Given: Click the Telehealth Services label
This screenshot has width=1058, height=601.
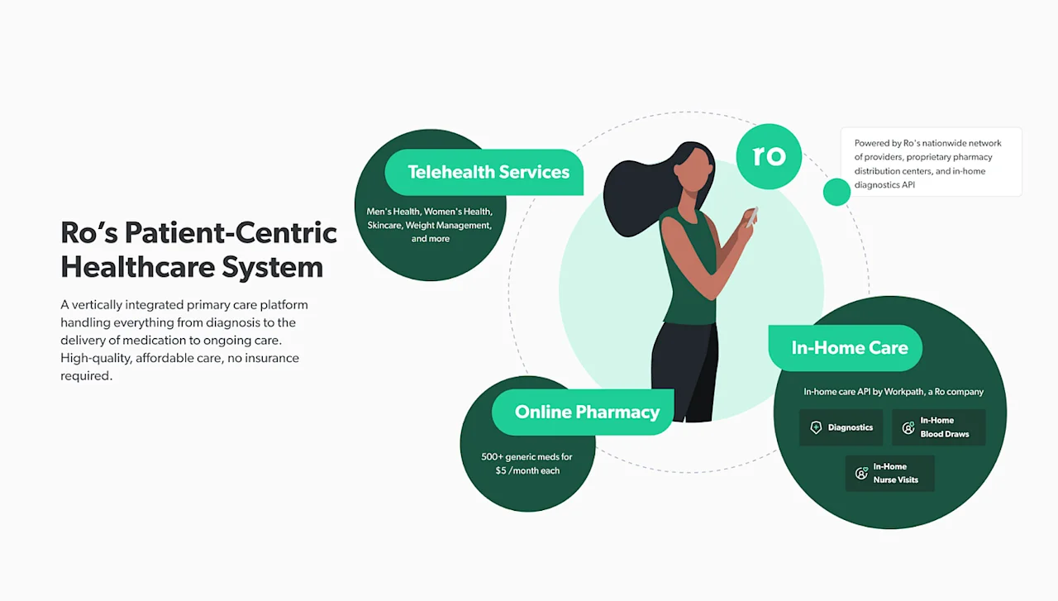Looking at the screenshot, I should click(x=488, y=172).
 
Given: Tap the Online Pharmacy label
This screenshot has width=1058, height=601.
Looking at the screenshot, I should click(x=587, y=412).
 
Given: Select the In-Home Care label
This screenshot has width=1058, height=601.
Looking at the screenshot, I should click(x=849, y=348).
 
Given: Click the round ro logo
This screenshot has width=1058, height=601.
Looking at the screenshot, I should click(x=769, y=156).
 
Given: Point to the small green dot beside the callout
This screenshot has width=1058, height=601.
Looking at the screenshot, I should click(x=836, y=192).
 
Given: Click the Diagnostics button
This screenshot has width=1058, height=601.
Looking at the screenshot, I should click(x=841, y=427).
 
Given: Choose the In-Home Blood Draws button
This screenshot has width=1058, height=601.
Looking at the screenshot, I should click(x=938, y=427).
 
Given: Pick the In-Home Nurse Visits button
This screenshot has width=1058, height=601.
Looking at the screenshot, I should click(x=889, y=473).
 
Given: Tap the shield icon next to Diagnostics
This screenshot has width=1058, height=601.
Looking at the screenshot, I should click(x=816, y=427).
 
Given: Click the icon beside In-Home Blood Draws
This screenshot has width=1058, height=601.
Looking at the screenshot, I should click(x=908, y=428).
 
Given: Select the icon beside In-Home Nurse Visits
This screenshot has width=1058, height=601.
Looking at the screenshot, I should click(x=861, y=474).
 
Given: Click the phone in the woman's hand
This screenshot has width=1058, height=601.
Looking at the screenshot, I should click(x=751, y=217).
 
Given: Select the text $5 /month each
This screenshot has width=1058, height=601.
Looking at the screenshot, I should click(x=527, y=470).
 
